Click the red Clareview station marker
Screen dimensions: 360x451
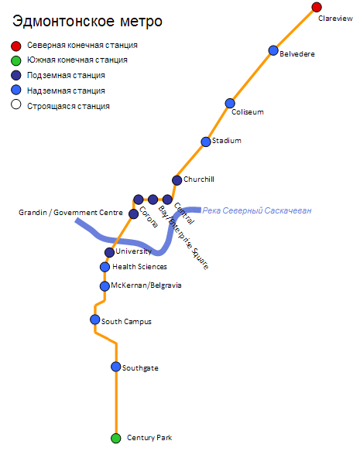[317, 7]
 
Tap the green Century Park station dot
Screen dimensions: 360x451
[116, 439]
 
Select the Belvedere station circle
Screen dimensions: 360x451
[273, 50]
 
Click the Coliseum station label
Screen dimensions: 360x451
[248, 112]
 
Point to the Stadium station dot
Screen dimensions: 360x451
[206, 142]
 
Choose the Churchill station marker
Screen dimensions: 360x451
[177, 180]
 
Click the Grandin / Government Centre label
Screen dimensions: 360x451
[70, 213]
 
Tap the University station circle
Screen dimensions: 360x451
[109, 252]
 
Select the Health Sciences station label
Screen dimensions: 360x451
[139, 267]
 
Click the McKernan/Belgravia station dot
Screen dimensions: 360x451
[105, 286]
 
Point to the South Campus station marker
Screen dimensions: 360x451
[95, 319]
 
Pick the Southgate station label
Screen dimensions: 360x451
[140, 368]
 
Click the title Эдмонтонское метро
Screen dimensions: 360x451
[87, 22]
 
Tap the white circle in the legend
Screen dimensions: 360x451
[16, 104]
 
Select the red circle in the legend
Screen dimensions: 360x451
[16, 46]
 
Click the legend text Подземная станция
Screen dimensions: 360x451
[66, 75]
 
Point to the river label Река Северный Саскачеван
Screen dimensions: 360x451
[257, 210]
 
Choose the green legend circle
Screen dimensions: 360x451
[16, 60]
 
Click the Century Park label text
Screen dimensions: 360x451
[149, 438]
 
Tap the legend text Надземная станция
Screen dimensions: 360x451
[66, 91]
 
